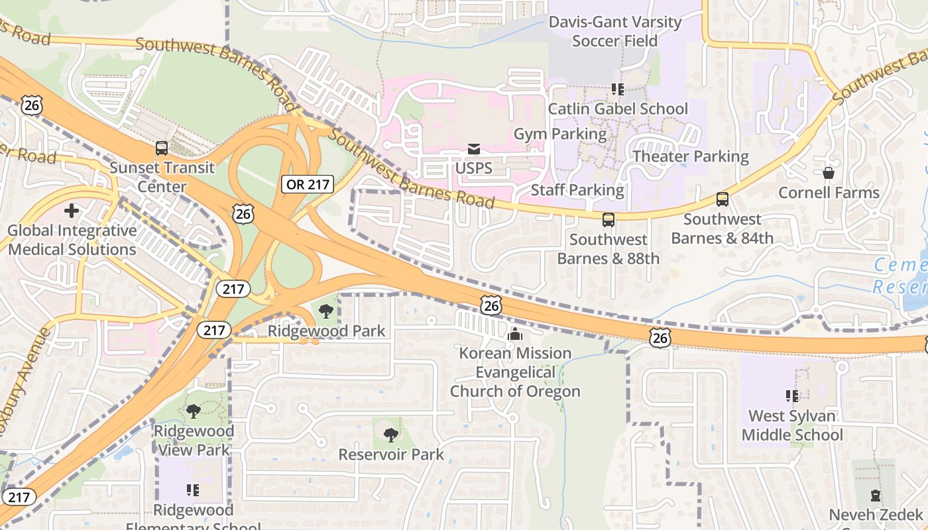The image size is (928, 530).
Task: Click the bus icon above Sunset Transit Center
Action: point(161,148)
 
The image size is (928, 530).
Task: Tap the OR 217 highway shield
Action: point(308,184)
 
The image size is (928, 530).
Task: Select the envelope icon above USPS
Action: point(473,149)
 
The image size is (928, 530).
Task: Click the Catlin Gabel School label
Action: point(618,109)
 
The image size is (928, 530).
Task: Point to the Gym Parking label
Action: point(560,134)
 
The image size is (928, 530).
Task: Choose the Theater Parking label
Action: point(690,156)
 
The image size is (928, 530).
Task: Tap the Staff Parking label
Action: point(577,190)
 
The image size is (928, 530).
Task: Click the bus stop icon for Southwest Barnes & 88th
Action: point(608,220)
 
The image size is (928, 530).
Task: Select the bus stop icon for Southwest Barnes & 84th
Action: point(722,199)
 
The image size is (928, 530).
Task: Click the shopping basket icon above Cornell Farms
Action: point(828,174)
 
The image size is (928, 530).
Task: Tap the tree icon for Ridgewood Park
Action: point(325,311)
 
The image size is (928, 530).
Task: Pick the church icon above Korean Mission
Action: point(514,335)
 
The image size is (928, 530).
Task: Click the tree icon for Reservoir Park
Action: point(391,435)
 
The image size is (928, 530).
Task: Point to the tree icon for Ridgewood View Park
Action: point(193,411)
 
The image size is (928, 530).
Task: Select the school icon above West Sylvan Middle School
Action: point(791,396)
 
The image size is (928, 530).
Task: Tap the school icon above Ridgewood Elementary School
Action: point(193,490)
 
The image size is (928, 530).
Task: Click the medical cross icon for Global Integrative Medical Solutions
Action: point(72,211)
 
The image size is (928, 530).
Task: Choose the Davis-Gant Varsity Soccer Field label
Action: point(614,31)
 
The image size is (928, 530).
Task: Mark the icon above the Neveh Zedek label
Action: point(875,496)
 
